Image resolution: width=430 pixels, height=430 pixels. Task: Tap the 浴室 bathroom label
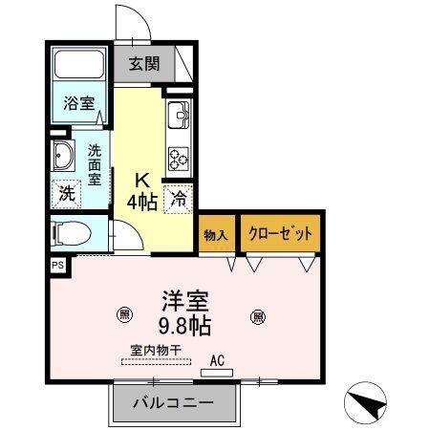tap(78, 103)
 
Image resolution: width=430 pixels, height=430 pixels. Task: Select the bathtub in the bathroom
tap(80, 66)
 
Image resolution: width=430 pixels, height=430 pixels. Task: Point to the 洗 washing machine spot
tap(66, 191)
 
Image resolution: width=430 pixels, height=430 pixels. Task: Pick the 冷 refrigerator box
tap(179, 200)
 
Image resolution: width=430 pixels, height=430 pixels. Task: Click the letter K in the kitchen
tap(140, 179)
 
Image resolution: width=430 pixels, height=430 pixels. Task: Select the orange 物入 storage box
tap(216, 234)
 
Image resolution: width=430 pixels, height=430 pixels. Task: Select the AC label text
tap(218, 359)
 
